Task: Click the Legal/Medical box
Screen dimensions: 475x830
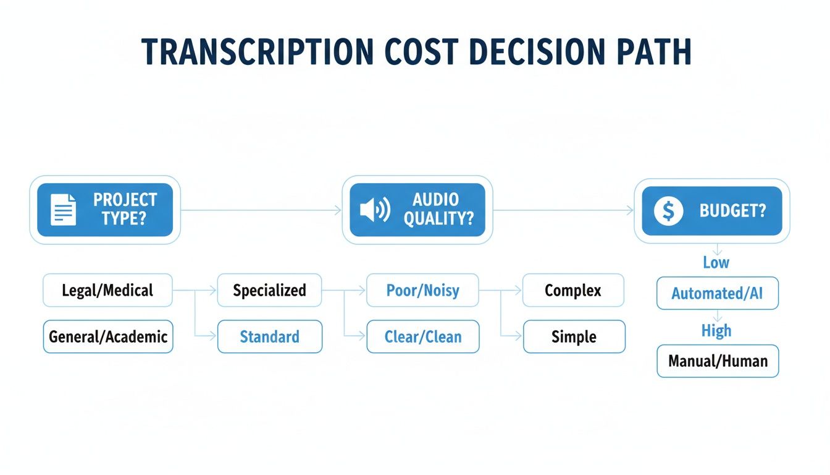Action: pyautogui.click(x=107, y=291)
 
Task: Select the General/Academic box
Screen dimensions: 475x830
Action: pyautogui.click(x=108, y=337)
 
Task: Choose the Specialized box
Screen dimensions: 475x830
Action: pyautogui.click(x=269, y=291)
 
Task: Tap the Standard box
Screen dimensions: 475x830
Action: pyautogui.click(x=269, y=337)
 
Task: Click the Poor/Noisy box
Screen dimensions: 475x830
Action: pyautogui.click(x=423, y=291)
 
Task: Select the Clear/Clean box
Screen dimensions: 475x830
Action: pyautogui.click(x=423, y=337)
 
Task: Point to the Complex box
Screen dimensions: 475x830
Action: pyautogui.click(x=573, y=291)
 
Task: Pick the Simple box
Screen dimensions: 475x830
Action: pyautogui.click(x=574, y=337)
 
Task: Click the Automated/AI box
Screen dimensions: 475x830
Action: pyautogui.click(x=717, y=293)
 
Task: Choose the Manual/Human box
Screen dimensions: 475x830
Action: pyautogui.click(x=718, y=361)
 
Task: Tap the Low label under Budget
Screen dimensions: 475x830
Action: pyautogui.click(x=716, y=262)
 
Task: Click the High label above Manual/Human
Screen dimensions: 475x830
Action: pyautogui.click(x=716, y=331)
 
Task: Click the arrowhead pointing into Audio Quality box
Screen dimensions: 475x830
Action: pyautogui.click(x=338, y=211)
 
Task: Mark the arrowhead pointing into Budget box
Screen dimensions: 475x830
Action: pyautogui.click(x=631, y=211)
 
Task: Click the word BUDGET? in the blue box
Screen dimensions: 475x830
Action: pyautogui.click(x=732, y=211)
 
